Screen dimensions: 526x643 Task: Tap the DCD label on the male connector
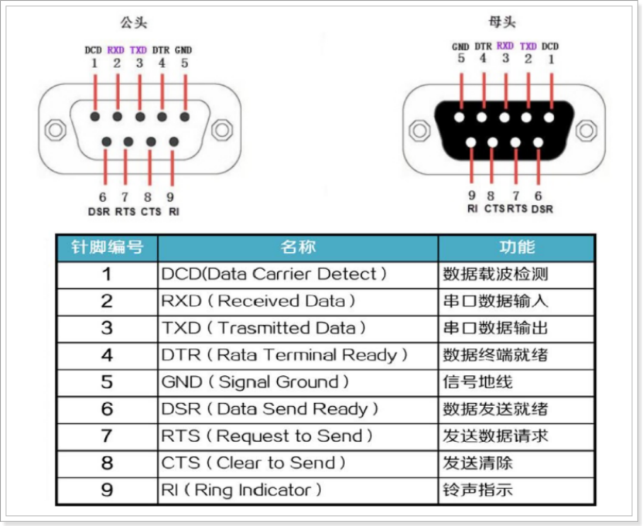tap(94, 50)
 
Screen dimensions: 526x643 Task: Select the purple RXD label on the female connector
tap(505, 46)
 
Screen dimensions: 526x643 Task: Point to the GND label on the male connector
tap(183, 50)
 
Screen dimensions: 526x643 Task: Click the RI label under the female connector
tap(471, 208)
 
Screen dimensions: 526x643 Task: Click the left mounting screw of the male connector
tap(55, 129)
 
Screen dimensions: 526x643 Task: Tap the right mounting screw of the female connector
tap(586, 130)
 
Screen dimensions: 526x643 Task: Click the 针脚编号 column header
tap(107, 248)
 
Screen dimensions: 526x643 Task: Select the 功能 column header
tap(516, 248)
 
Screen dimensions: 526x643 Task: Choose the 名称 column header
tap(298, 248)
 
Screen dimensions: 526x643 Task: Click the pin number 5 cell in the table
tap(107, 382)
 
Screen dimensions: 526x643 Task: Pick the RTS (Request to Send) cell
tap(267, 436)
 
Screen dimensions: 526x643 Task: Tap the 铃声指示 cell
tap(477, 490)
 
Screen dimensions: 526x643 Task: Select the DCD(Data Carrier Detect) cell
tap(274, 274)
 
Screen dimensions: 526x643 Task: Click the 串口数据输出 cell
tap(495, 328)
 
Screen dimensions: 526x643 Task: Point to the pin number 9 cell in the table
tap(107, 490)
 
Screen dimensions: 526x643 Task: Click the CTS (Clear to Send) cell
tap(253, 463)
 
